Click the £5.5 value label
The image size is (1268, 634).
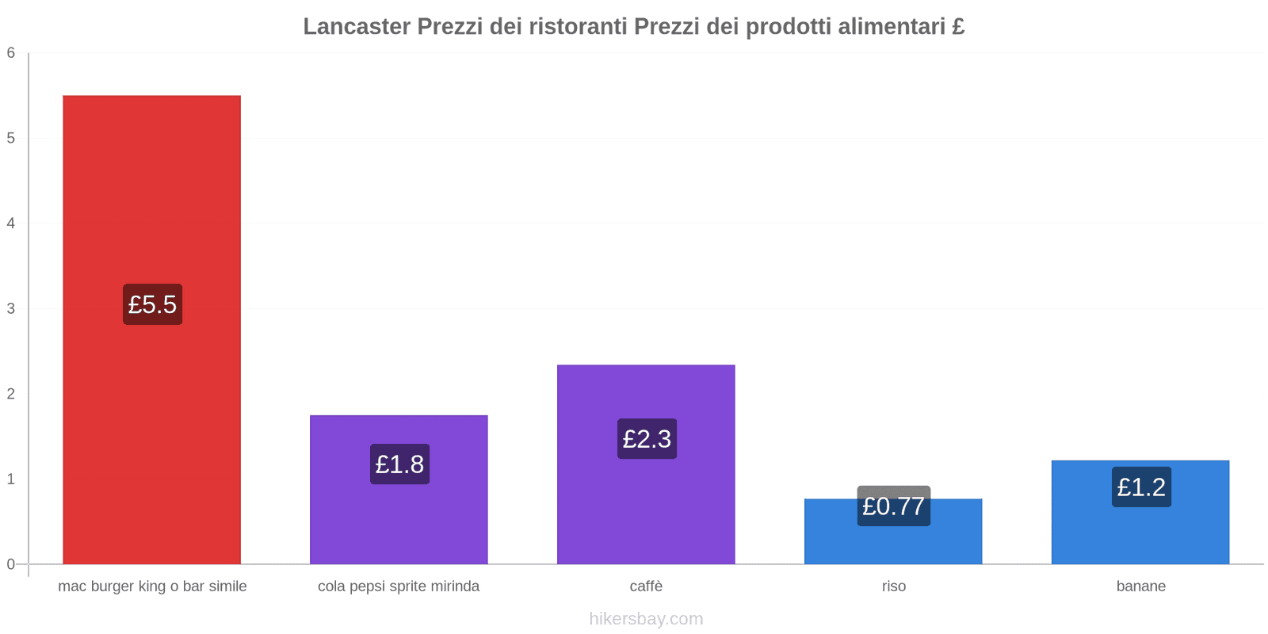[152, 304]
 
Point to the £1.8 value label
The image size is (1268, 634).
[399, 464]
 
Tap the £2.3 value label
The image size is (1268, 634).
[647, 438]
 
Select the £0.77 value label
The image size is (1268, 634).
[894, 506]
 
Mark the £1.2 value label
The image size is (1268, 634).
[1141, 487]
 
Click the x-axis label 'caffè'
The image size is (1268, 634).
[646, 586]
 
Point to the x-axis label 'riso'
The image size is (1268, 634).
[894, 586]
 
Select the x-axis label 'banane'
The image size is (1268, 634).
[1140, 586]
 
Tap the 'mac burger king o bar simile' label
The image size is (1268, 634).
[152, 586]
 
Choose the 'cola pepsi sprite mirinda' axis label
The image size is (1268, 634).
[399, 586]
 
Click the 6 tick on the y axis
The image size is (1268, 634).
[11, 53]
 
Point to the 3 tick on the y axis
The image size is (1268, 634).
[11, 308]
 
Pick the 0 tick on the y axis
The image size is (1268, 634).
[11, 564]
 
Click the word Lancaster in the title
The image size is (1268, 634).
[357, 27]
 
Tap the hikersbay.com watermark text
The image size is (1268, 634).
[646, 619]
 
